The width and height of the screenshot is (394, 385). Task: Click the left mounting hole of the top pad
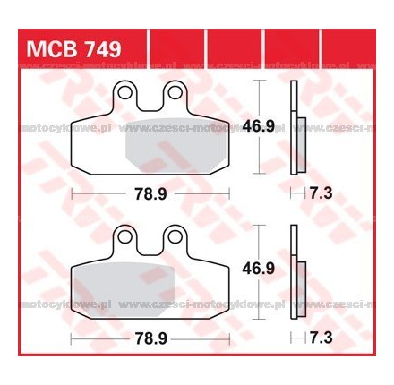[126, 91]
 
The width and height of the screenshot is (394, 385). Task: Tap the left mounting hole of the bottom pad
[126, 237]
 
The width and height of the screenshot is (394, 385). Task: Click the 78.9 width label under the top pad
[150, 192]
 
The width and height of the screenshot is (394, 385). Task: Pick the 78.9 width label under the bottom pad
[150, 338]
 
